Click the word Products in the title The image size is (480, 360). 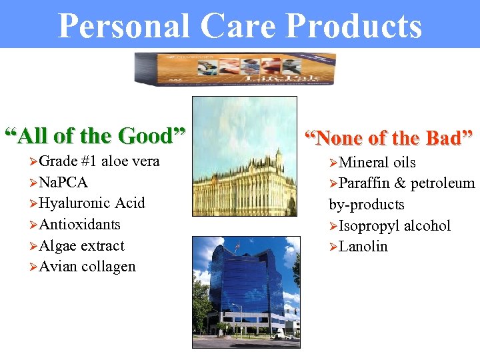pyautogui.click(x=354, y=26)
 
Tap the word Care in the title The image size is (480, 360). pyautogui.click(x=246, y=26)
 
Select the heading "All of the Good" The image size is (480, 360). pyautogui.click(x=95, y=136)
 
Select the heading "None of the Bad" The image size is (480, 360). pyautogui.click(x=389, y=138)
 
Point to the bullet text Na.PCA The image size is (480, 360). pyautogui.click(x=63, y=182)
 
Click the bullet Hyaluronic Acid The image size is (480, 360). pyautogui.click(x=91, y=203)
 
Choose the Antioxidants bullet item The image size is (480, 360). pyautogui.click(x=79, y=224)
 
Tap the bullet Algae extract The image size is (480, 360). pyautogui.click(x=81, y=245)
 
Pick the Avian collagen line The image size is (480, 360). pyautogui.click(x=87, y=267)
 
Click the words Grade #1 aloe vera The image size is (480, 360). pyautogui.click(x=99, y=161)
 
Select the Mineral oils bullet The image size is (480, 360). pyautogui.click(x=377, y=163)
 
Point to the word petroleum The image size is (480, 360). pyautogui.click(x=443, y=183)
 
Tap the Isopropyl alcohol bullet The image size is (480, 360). pyautogui.click(x=394, y=226)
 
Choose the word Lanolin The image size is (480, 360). pyautogui.click(x=363, y=247)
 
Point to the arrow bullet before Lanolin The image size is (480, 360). pyautogui.click(x=333, y=247)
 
